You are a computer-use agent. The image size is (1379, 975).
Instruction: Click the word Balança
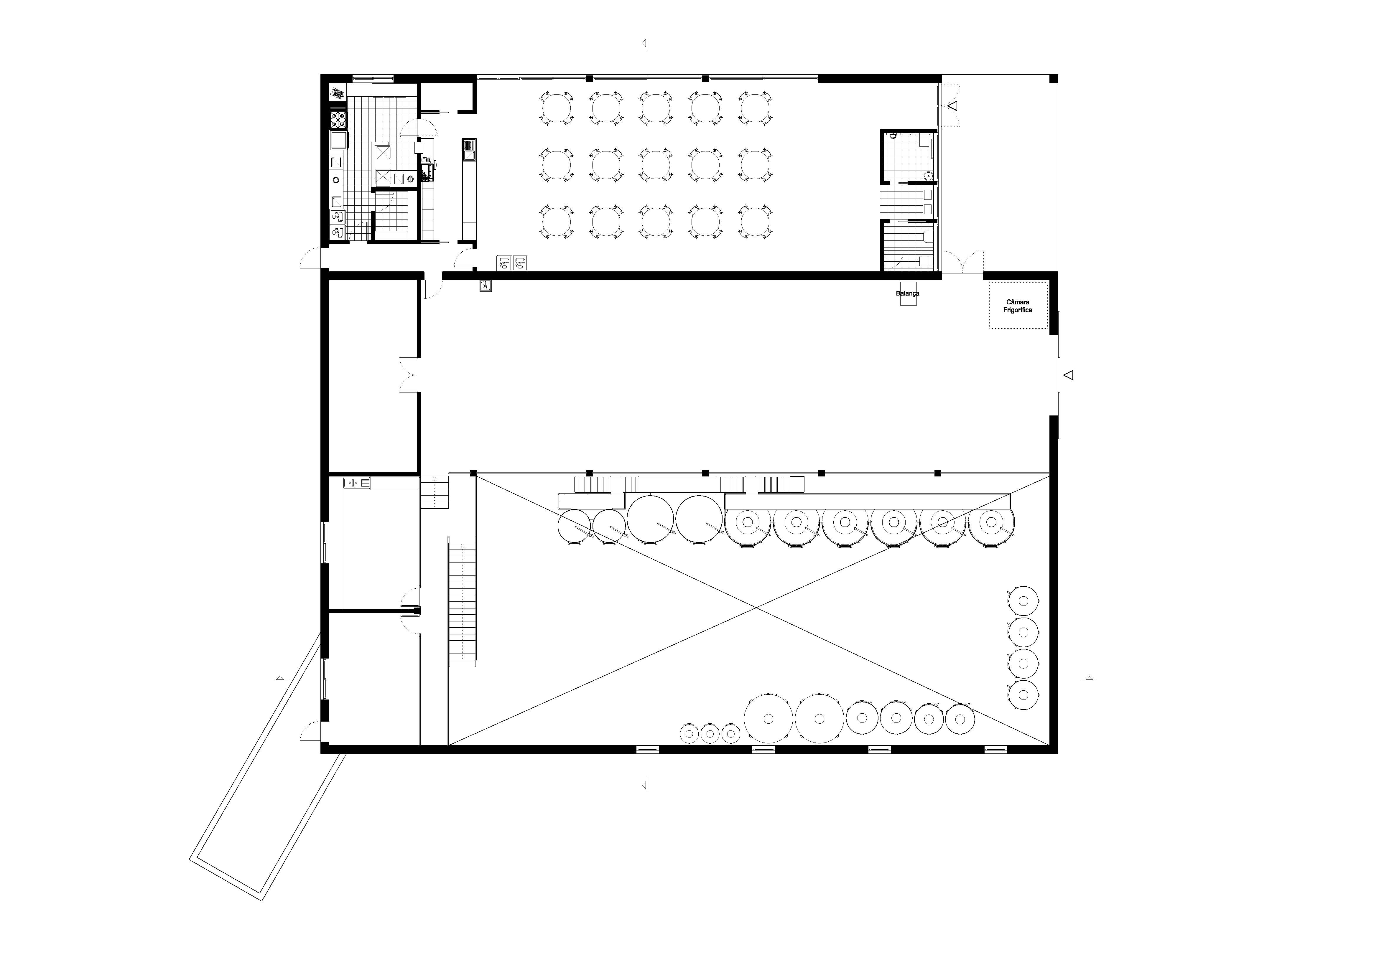[x=908, y=293]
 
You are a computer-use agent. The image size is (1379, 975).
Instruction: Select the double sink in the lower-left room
[x=357, y=482]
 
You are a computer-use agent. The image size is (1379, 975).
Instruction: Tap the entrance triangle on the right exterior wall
[x=1068, y=375]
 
